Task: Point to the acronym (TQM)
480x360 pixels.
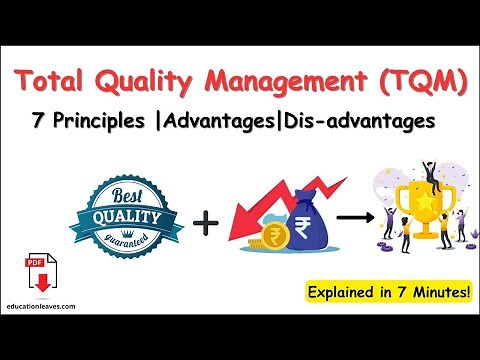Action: (x=418, y=82)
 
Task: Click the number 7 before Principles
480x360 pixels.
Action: (x=38, y=121)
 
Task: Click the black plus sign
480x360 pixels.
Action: (x=206, y=219)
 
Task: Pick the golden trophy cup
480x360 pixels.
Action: (x=420, y=215)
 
